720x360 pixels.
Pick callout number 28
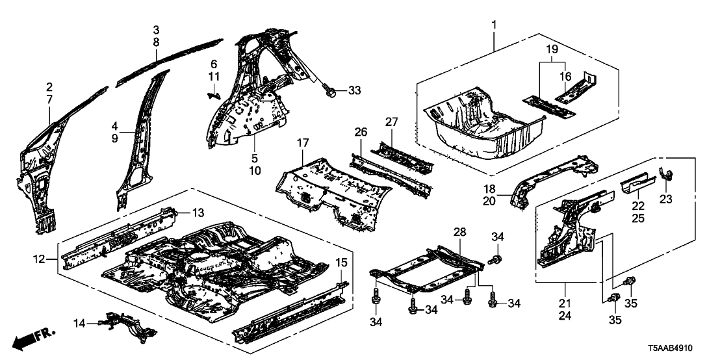tap(459, 232)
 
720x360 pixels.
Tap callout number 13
tap(198, 212)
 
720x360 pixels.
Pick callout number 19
tap(551, 49)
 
